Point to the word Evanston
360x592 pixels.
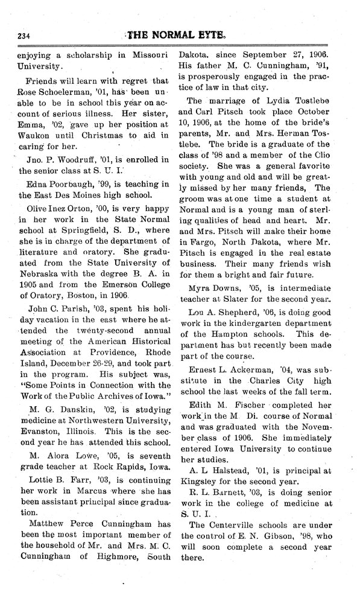36,429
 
